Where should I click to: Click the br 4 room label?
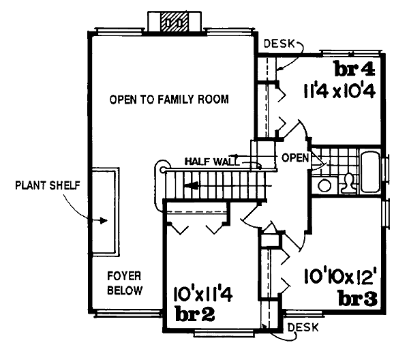pyautogui.click(x=355, y=69)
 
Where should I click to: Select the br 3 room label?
pyautogui.click(x=358, y=298)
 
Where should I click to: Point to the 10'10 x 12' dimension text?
pyautogui.click(x=340, y=276)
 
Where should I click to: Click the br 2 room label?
pyautogui.click(x=195, y=314)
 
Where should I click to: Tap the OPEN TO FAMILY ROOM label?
pyautogui.click(x=169, y=100)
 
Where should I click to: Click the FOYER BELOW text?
pyautogui.click(x=125, y=283)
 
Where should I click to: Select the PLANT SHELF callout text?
pyautogui.click(x=48, y=185)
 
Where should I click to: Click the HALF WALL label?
pyautogui.click(x=211, y=162)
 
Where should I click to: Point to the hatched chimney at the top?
pyautogui.click(x=175, y=22)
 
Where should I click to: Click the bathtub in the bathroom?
pyautogui.click(x=370, y=172)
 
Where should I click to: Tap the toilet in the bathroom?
pyautogui.click(x=348, y=183)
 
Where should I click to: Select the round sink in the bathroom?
pyautogui.click(x=324, y=185)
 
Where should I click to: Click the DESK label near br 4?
pyautogui.click(x=279, y=44)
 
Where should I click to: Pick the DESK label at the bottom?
pyautogui.click(x=303, y=327)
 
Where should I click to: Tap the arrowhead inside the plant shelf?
pyautogui.click(x=104, y=221)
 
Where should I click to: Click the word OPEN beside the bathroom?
pyautogui.click(x=295, y=157)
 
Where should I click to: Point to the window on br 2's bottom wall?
pyautogui.click(x=224, y=333)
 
